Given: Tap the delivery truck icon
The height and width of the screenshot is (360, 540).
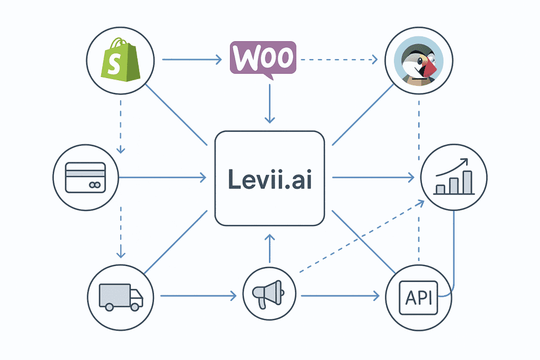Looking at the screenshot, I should coord(121,297).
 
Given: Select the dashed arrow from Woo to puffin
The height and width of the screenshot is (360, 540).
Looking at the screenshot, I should coord(337,59).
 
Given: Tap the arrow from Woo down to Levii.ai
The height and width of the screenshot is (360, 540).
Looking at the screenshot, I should coord(269,103).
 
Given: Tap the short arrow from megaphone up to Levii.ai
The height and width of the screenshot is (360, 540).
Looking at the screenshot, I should coord(269,248).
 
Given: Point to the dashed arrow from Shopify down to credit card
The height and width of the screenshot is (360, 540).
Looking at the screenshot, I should coord(121,125).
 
